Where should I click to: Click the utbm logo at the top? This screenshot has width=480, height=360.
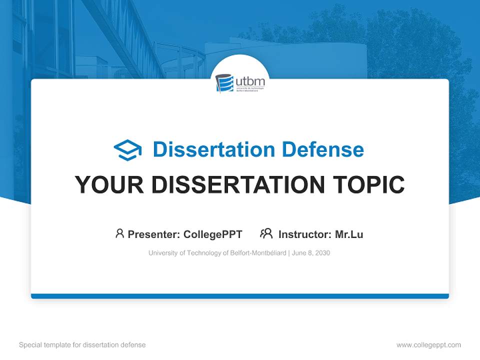tap(240, 83)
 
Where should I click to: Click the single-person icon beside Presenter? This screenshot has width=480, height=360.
tap(119, 233)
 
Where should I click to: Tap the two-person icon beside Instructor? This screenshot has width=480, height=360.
tap(266, 233)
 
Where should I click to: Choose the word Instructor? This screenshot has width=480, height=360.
tap(304, 234)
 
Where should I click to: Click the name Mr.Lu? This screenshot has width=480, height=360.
tap(349, 234)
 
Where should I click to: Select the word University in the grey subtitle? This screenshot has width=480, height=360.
tap(163, 253)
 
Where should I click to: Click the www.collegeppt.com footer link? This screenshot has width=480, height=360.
tap(428, 345)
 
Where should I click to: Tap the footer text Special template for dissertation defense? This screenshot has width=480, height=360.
tap(82, 345)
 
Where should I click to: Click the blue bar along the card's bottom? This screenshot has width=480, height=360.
tap(240, 296)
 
